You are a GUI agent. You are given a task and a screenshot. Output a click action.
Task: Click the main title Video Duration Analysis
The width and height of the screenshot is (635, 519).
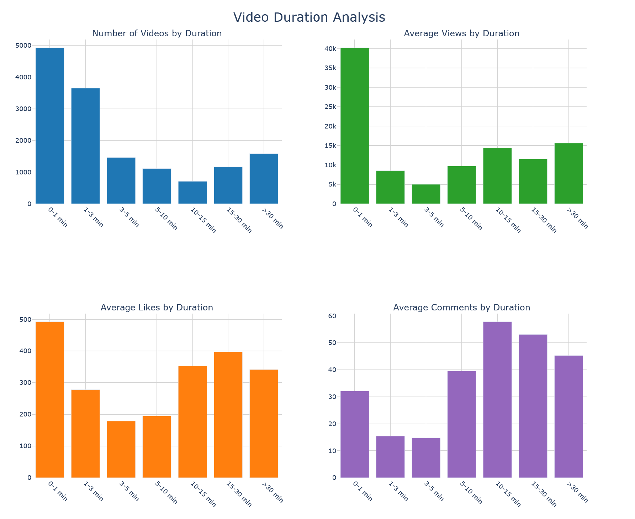(x=309, y=17)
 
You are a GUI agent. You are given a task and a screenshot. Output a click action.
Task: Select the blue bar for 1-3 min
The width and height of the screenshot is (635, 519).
(x=85, y=146)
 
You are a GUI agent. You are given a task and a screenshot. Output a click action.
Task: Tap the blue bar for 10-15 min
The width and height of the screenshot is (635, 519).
(x=192, y=193)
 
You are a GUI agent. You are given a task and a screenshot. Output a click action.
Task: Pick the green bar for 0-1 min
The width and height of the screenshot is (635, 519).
(x=355, y=126)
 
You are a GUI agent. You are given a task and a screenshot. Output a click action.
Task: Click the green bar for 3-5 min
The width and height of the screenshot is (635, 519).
(x=426, y=194)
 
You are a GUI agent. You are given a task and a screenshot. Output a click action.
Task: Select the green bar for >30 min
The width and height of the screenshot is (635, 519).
(x=568, y=173)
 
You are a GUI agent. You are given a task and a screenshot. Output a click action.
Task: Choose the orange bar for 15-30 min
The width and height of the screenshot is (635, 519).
(x=228, y=415)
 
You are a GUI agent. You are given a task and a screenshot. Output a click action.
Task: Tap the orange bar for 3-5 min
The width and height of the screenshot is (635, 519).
(x=121, y=449)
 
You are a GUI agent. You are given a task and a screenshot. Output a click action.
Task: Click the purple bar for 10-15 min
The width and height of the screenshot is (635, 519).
(x=497, y=399)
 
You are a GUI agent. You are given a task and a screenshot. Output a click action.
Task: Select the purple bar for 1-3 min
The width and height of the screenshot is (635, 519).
(x=390, y=457)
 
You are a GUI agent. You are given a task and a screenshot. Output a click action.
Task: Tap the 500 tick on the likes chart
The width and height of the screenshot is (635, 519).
(x=26, y=320)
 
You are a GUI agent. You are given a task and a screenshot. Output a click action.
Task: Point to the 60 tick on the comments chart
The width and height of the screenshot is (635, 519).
(x=332, y=316)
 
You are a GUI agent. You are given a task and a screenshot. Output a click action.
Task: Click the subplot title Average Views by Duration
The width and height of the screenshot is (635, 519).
(x=461, y=33)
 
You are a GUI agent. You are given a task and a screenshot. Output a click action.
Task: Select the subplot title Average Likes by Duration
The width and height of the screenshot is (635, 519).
(x=157, y=308)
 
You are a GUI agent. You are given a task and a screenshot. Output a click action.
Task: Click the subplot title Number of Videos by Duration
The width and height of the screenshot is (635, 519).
(x=157, y=33)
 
